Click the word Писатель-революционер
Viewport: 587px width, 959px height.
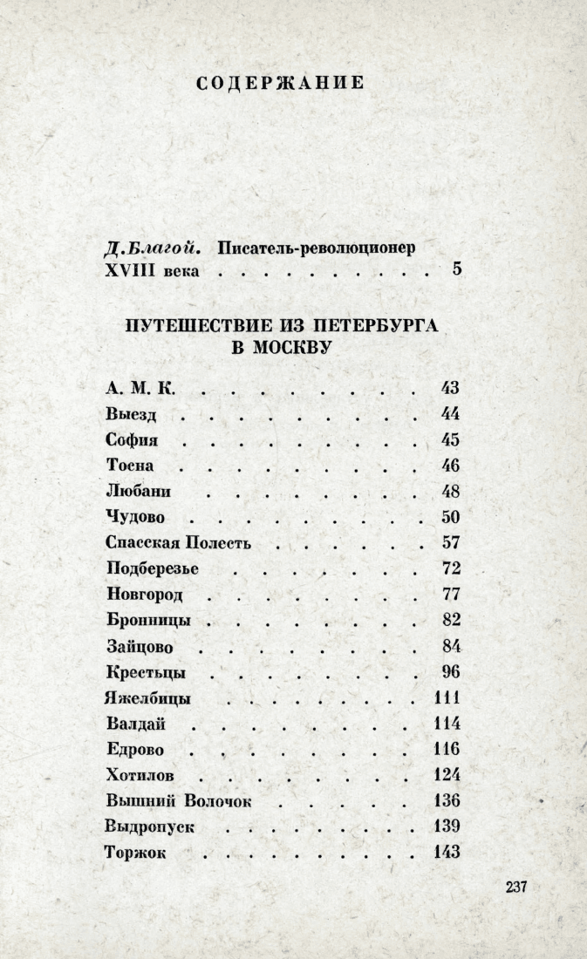coord(314,247)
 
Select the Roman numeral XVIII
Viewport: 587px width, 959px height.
coord(128,270)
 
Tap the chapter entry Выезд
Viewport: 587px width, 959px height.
coord(130,413)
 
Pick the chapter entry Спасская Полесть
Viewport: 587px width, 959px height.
coord(178,542)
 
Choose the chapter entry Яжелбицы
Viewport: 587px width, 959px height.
coord(147,698)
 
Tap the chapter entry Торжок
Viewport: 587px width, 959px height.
coord(134,853)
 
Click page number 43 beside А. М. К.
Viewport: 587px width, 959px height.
coord(450,388)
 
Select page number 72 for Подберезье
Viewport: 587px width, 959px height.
coord(450,568)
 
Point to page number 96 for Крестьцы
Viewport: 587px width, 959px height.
coord(450,672)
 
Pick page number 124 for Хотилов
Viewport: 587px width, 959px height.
coord(446,775)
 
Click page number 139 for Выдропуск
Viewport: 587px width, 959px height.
coord(446,826)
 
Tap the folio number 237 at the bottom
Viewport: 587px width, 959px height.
coord(516,887)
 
